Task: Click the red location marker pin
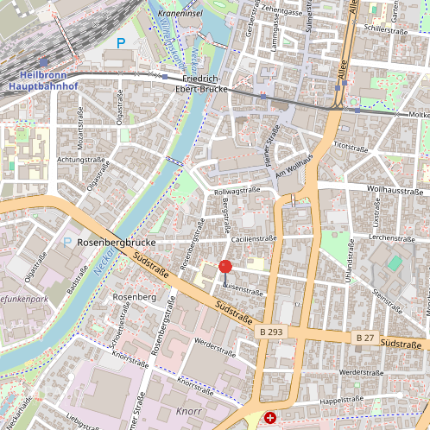point(225,268)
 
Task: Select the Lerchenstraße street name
point(393,237)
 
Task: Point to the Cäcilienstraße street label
point(252,238)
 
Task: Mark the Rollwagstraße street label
point(237,190)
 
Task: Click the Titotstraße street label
point(350,146)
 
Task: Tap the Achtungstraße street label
point(81,160)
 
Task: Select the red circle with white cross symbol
point(270,418)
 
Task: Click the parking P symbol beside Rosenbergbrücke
point(67,243)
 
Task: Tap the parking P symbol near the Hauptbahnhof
point(121,41)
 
